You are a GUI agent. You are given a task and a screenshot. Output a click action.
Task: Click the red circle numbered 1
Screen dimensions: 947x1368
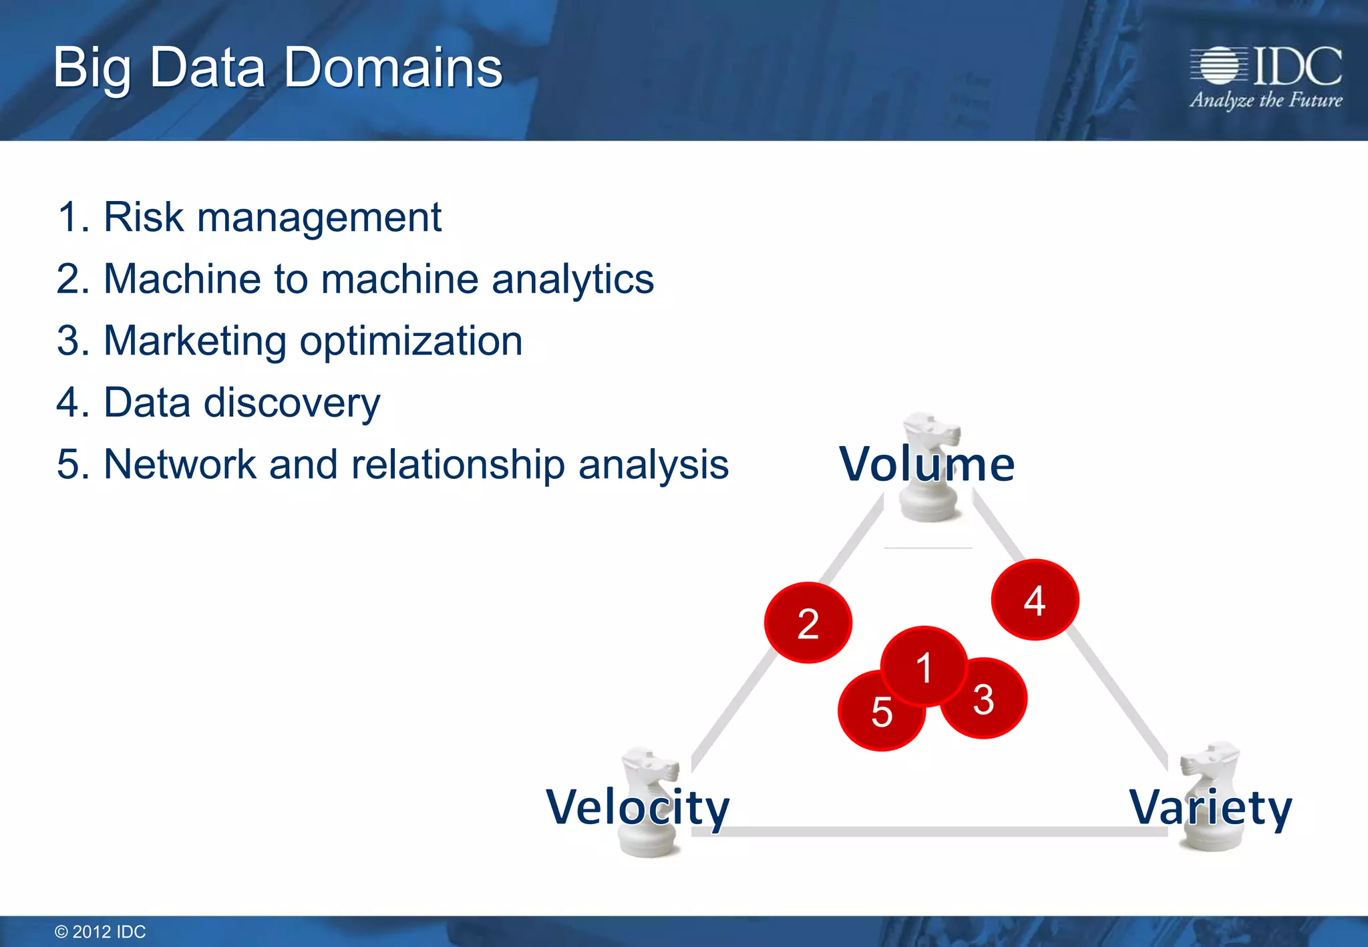point(924,667)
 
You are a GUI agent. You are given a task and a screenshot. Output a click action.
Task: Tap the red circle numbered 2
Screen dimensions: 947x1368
point(808,623)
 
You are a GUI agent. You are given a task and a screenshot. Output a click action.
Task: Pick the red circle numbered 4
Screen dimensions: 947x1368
point(1035,600)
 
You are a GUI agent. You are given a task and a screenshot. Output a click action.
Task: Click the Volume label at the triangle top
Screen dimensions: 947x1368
point(926,463)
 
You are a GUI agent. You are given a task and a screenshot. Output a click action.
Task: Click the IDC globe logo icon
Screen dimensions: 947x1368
point(1219,65)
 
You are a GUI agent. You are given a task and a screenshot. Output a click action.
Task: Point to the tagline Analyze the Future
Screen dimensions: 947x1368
point(1266,100)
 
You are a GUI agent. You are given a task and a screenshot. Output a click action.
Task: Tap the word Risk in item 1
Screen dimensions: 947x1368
point(144,217)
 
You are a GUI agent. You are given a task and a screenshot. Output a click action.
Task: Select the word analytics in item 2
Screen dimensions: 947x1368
point(572,278)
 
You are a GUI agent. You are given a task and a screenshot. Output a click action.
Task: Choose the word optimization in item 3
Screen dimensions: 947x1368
point(411,341)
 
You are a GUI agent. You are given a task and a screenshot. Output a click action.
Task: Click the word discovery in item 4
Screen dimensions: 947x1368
point(292,403)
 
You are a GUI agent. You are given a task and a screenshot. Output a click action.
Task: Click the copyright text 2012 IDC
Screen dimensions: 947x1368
point(100,932)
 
